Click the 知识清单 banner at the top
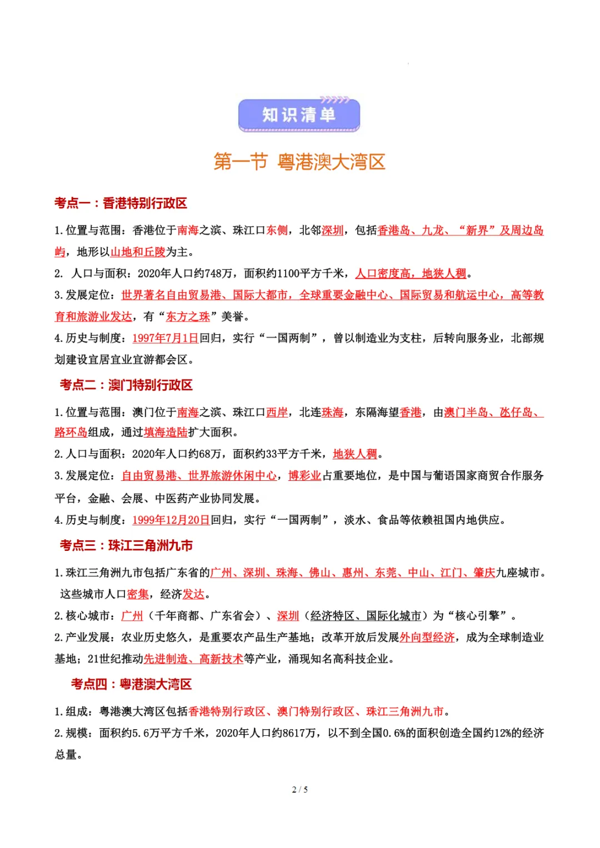click(299, 115)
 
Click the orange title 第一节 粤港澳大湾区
click(299, 162)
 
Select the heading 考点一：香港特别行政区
click(121, 203)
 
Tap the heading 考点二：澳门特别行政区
click(126, 385)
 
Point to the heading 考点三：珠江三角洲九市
click(126, 545)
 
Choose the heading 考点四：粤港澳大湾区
click(131, 684)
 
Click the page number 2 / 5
click(299, 789)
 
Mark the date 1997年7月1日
click(165, 338)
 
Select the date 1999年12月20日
click(171, 520)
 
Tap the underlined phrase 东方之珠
click(188, 317)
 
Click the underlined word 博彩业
click(304, 476)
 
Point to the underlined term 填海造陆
click(166, 432)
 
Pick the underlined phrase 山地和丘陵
click(138, 252)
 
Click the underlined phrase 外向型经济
click(427, 638)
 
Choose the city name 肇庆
click(484, 573)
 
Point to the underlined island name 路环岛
click(71, 432)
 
